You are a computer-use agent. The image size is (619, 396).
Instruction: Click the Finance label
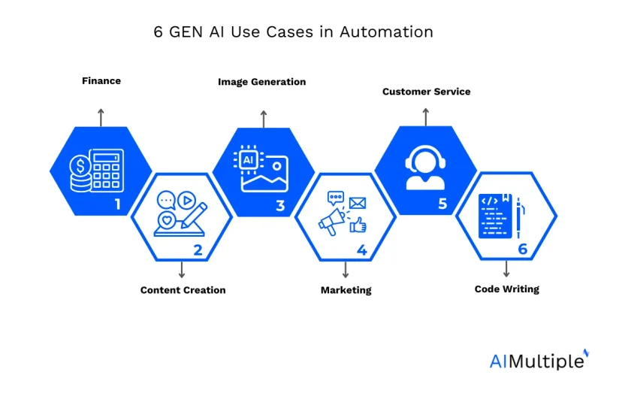tap(101, 81)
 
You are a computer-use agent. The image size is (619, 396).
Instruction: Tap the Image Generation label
tap(261, 82)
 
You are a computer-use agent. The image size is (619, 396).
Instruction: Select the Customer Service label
tap(427, 92)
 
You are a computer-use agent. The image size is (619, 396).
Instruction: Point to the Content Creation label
tap(183, 290)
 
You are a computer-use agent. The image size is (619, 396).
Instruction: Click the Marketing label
tap(346, 290)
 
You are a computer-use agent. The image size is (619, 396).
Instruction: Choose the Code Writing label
tap(506, 289)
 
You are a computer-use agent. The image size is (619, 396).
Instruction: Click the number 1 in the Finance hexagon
tap(117, 204)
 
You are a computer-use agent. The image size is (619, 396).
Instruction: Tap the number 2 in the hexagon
tap(198, 250)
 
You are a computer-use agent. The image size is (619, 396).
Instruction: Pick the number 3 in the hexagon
tap(280, 205)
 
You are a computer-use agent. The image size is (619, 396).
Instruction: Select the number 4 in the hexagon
tap(362, 250)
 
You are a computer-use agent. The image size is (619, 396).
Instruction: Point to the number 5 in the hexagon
tap(442, 204)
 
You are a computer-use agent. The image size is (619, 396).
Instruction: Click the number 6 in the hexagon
tap(523, 249)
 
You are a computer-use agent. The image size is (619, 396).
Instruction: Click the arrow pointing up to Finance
tap(101, 118)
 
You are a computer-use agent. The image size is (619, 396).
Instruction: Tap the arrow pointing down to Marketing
tap(346, 270)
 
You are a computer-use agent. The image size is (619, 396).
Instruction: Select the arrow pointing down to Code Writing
tap(506, 268)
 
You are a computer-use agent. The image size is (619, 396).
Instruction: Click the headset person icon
tap(425, 168)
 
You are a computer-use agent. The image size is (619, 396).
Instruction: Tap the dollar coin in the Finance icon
tap(80, 166)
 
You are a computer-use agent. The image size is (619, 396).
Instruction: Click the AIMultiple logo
tap(539, 360)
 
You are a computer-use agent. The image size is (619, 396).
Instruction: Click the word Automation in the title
tap(386, 32)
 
